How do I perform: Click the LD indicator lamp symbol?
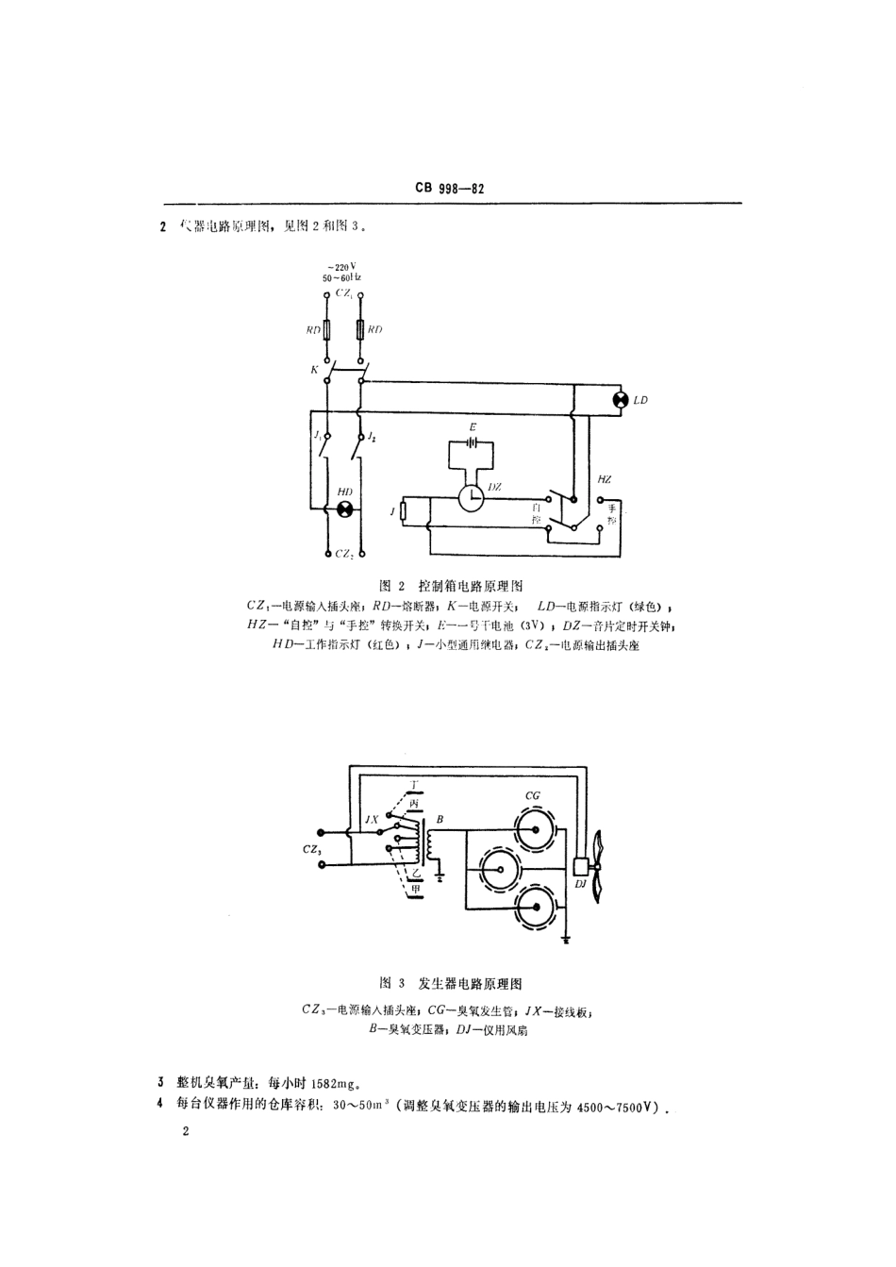click(x=620, y=400)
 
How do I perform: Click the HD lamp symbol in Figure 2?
click(x=344, y=509)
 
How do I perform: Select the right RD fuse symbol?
click(x=360, y=330)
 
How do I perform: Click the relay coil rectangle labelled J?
click(x=403, y=511)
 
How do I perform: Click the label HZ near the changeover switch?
click(x=604, y=480)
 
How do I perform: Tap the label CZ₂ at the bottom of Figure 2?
click(x=344, y=555)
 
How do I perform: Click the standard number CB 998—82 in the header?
click(x=449, y=189)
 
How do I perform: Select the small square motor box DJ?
click(x=579, y=864)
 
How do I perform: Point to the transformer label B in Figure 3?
click(x=440, y=819)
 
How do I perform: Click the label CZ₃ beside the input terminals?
click(x=313, y=850)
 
